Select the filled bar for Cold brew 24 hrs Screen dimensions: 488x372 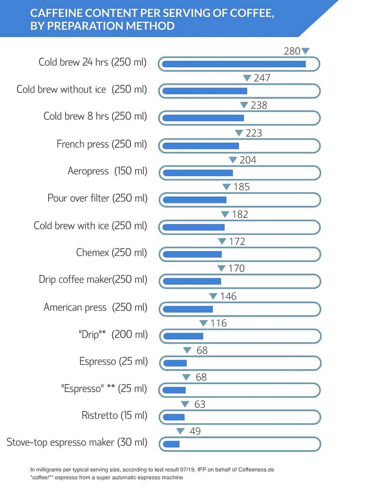pyautogui.click(x=234, y=64)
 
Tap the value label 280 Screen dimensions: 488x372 pyautogui.click(x=292, y=51)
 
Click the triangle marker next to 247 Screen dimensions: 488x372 pyautogui.click(x=247, y=78)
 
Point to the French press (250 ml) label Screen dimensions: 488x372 pyautogui.click(x=102, y=143)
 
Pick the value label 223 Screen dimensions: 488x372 pyautogui.click(x=254, y=133)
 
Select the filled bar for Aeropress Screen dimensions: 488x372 pyautogui.click(x=198, y=173)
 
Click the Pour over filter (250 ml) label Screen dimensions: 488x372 pyautogui.click(x=98, y=198)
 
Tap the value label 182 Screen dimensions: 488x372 pyautogui.click(x=240, y=214)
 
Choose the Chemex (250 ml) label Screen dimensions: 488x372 pyautogui.click(x=112, y=253)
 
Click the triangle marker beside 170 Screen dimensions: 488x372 pyautogui.click(x=221, y=269)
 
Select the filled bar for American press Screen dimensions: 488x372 pyautogui.click(x=188, y=309)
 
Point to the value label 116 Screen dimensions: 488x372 pyautogui.click(x=219, y=323)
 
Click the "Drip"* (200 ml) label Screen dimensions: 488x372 pyautogui.click(x=113, y=335)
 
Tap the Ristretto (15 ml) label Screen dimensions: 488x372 pyautogui.click(x=114, y=416)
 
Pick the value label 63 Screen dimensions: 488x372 pyautogui.click(x=200, y=405)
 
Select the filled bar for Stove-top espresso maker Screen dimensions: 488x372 pyautogui.click(x=171, y=444)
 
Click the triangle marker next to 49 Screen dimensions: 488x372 pyautogui.click(x=180, y=432)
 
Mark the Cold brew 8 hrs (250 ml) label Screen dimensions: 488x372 pyautogui.click(x=95, y=116)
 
